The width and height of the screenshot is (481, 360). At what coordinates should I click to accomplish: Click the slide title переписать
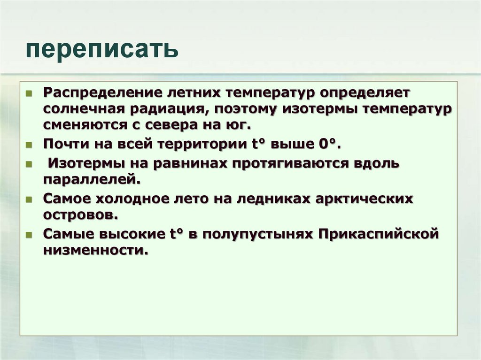coord(102,50)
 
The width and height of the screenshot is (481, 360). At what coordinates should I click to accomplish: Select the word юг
coord(243,126)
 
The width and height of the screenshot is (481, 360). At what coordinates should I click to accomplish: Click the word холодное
coord(127,199)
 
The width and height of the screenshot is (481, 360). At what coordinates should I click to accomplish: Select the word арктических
coord(359,199)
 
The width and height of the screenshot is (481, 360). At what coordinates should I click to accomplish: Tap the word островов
coord(79,215)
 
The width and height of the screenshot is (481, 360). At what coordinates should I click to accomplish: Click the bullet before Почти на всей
coord(29,145)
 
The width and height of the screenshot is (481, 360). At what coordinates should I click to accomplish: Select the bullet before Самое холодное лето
coord(29,199)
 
